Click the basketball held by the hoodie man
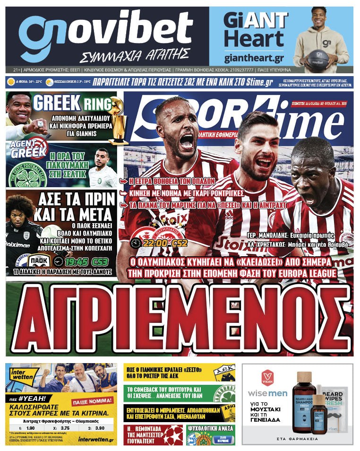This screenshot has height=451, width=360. point(317,60)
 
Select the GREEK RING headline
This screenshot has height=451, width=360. point(71,103)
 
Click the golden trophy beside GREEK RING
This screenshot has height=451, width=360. point(117,121)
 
